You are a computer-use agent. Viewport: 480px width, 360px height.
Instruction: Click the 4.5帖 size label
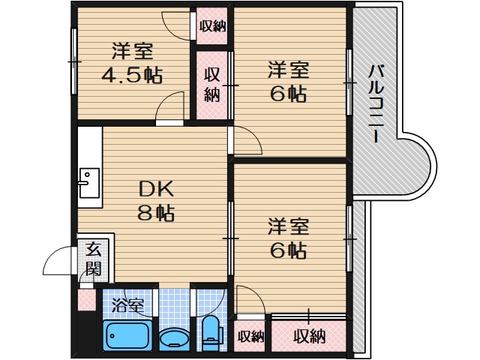click(x=133, y=75)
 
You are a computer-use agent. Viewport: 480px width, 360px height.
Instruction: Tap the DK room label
click(x=155, y=188)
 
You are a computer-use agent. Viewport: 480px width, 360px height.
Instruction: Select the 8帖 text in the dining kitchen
click(x=155, y=213)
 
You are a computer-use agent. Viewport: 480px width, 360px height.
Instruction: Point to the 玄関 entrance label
click(x=91, y=259)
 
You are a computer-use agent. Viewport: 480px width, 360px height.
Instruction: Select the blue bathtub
click(x=127, y=334)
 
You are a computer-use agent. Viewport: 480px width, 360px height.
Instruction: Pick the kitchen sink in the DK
click(x=88, y=180)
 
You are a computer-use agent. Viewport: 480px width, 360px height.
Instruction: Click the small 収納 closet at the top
click(x=212, y=26)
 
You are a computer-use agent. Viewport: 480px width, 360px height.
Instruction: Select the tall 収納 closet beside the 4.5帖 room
click(x=212, y=84)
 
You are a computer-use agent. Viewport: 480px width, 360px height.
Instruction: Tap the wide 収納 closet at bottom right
click(x=309, y=336)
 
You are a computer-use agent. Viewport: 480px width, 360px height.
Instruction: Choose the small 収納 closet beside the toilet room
click(x=251, y=336)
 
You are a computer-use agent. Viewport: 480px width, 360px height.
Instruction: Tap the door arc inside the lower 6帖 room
click(x=249, y=298)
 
